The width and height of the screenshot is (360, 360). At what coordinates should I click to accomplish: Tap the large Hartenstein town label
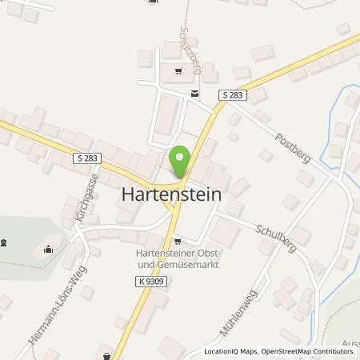coord(171,194)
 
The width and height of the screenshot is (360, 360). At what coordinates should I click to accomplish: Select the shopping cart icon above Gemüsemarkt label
coord(178,239)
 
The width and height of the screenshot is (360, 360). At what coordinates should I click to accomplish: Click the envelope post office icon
coord(194,94)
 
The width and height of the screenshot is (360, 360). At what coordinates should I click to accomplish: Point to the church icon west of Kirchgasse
coord(47,248)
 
